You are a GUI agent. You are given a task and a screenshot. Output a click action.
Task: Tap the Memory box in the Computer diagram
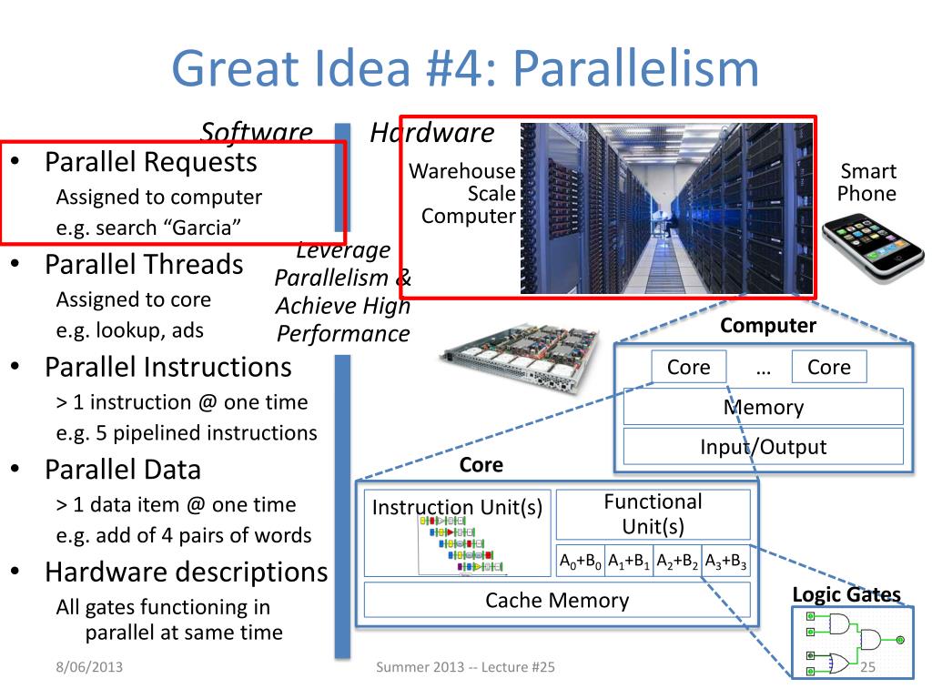763,407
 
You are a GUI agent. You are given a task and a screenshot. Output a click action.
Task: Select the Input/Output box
763,447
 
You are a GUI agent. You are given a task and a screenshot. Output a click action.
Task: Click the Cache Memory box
557,601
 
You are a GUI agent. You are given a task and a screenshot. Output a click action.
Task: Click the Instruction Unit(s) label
457,507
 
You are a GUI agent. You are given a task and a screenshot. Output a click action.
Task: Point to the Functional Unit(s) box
653,514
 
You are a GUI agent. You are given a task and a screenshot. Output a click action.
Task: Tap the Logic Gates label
846,595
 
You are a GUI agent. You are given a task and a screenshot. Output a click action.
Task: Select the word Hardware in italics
432,133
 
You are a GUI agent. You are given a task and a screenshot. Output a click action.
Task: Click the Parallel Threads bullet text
145,265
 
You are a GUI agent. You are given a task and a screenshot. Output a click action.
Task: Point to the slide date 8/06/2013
87,669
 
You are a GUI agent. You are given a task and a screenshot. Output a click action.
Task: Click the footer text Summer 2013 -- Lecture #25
465,669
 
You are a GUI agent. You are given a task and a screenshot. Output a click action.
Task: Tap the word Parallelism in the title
635,69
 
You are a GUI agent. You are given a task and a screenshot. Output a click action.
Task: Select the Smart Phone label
866,182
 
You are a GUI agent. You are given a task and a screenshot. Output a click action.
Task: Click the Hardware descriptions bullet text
187,572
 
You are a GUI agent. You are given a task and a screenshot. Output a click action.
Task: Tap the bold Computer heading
768,326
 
